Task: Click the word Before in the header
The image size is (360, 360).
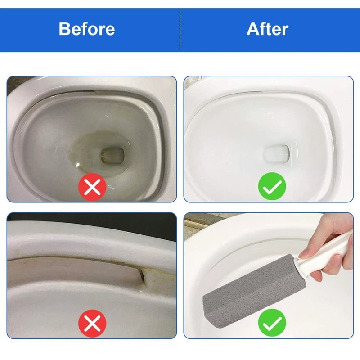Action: [87, 29]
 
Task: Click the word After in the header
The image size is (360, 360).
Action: [267, 29]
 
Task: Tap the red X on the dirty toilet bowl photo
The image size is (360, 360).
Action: [92, 186]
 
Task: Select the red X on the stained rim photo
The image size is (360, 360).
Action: [92, 323]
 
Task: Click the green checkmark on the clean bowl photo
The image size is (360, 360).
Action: [272, 186]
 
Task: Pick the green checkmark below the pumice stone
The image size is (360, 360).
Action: [272, 323]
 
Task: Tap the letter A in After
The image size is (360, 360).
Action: [253, 29]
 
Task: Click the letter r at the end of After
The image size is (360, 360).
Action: [284, 30]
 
